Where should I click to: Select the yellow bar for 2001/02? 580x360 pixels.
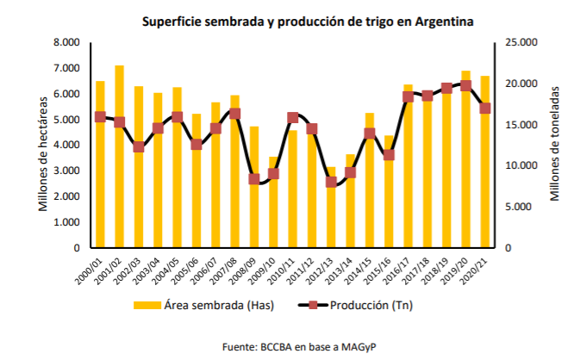tap(120, 155)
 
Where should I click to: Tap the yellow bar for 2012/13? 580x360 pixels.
tap(331, 207)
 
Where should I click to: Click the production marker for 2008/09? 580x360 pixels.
tap(254, 179)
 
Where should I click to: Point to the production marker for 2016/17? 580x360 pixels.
tap(408, 96)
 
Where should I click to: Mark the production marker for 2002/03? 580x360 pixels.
tap(139, 146)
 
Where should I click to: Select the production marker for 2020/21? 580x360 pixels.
tap(485, 108)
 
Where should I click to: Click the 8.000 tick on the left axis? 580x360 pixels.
tap(67, 42)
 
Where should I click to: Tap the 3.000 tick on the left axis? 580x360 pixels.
tap(67, 171)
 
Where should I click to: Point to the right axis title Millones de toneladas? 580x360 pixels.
tap(556, 144)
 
